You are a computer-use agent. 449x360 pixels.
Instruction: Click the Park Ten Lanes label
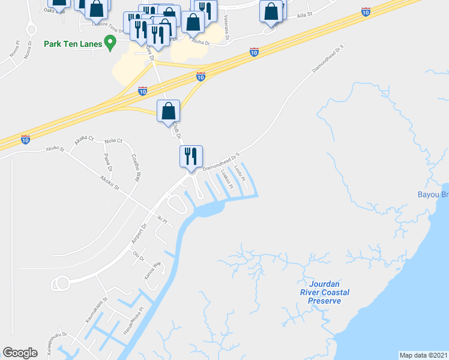[x=73, y=44]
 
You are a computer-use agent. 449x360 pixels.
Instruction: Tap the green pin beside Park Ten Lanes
[x=109, y=42]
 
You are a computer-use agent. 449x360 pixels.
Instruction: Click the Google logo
[x=20, y=352]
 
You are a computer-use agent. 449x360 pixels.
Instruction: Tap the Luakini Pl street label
[x=226, y=177]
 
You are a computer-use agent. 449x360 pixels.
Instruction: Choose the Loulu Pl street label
[x=240, y=172]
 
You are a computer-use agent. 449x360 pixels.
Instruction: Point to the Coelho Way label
[x=136, y=167]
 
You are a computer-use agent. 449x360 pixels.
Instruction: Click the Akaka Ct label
[x=84, y=140]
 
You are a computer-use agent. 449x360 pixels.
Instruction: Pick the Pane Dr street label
[x=108, y=161]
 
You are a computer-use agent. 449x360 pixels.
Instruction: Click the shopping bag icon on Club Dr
[x=169, y=111]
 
